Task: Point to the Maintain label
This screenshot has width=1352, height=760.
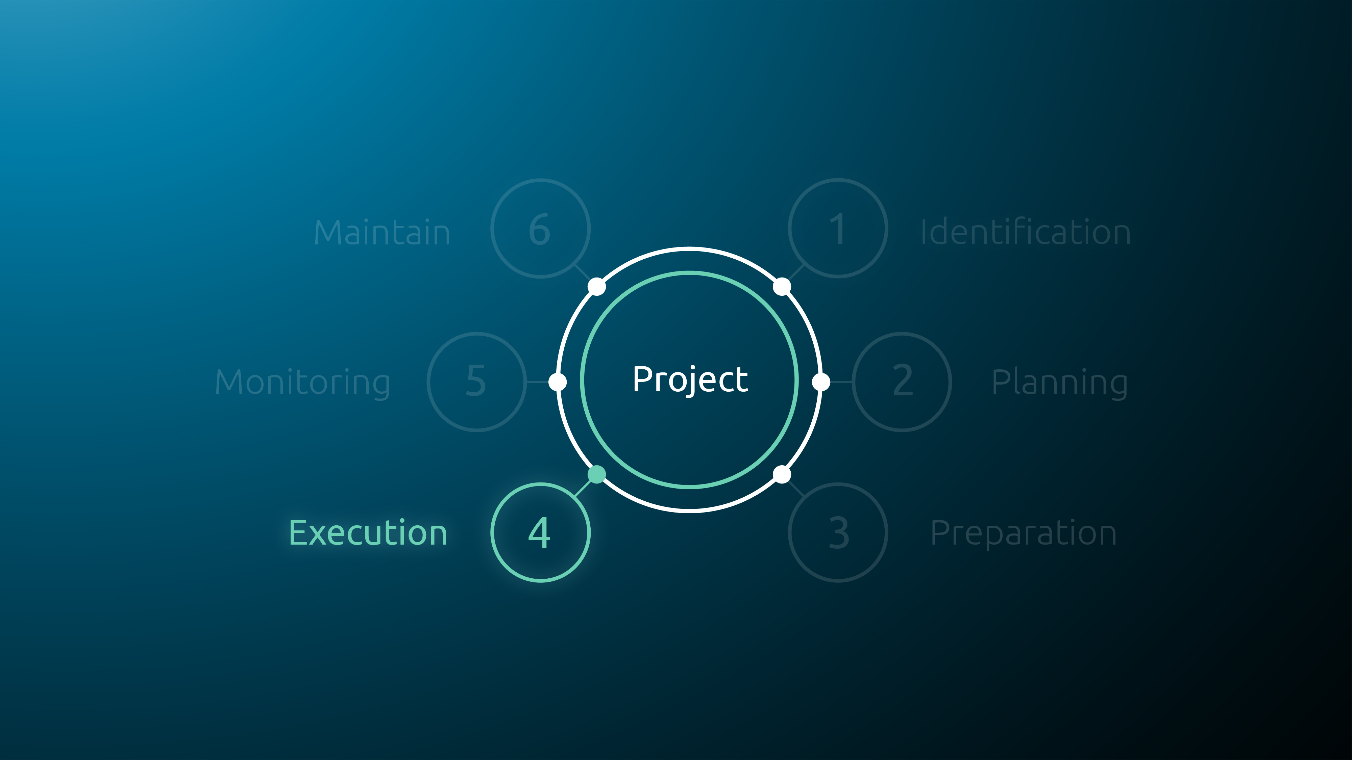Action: click(382, 232)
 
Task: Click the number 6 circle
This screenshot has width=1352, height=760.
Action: click(541, 228)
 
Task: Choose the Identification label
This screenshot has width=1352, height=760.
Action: click(1026, 232)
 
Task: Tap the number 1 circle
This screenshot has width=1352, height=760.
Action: click(838, 228)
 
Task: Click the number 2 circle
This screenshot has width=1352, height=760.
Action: click(902, 382)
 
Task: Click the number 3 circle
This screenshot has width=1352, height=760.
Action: click(838, 532)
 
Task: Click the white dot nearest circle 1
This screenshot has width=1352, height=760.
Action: click(782, 286)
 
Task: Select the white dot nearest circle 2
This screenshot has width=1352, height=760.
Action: click(821, 382)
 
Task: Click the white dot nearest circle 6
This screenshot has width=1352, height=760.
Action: click(597, 286)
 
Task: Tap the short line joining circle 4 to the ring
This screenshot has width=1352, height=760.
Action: click(583, 488)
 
